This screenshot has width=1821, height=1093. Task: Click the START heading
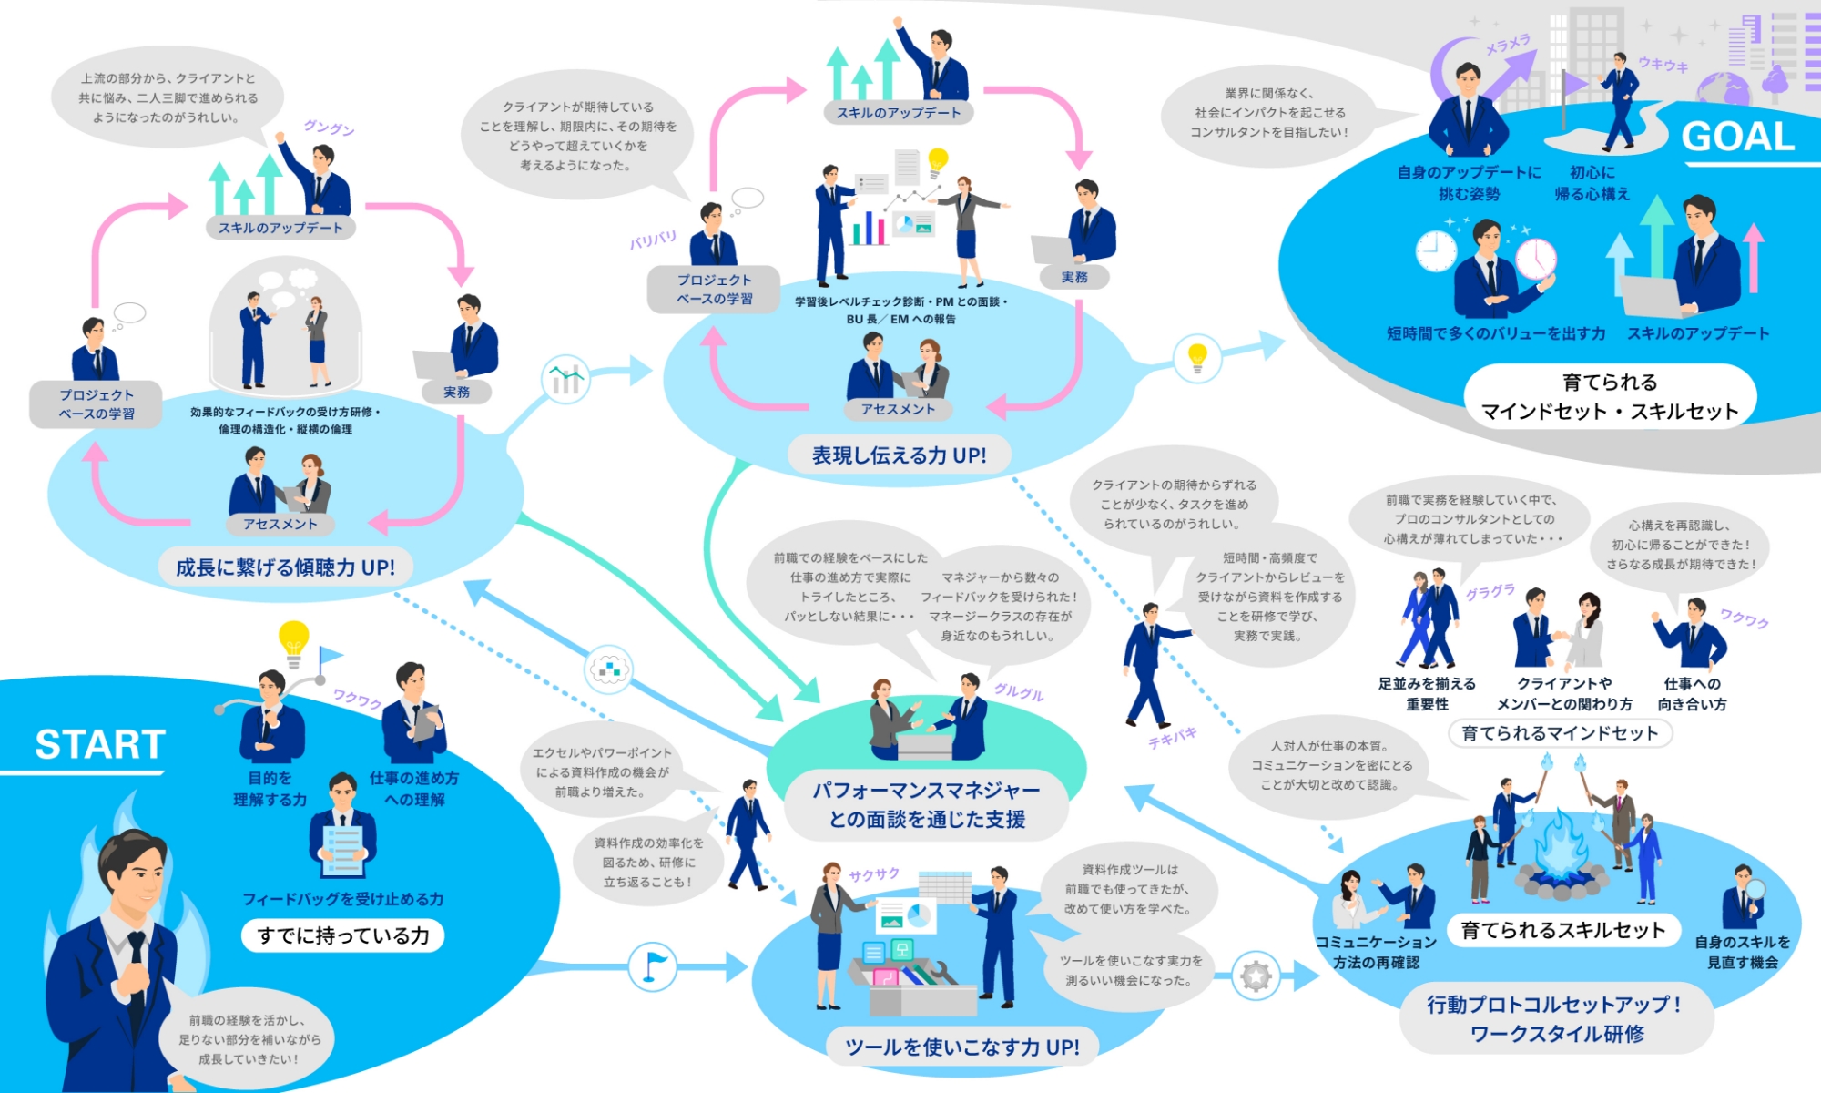100,744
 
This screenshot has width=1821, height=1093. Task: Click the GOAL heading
1737,138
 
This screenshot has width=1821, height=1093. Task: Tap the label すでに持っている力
343,935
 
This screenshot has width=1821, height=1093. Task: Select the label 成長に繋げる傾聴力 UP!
285,567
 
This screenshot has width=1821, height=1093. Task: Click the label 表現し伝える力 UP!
899,455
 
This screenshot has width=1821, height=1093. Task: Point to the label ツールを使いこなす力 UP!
962,1047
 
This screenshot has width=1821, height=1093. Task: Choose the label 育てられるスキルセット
1562,930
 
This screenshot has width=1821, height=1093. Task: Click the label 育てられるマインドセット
1560,733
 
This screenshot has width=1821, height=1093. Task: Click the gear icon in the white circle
1256,976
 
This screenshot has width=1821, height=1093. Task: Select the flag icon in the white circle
652,966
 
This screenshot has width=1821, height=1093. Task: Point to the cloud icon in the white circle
608,669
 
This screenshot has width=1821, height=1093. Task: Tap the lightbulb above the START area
293,639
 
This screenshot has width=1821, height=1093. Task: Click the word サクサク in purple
874,875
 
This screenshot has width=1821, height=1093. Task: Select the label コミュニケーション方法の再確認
1376,952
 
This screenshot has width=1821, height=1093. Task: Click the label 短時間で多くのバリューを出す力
1496,333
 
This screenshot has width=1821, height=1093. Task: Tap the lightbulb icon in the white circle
1197,357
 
